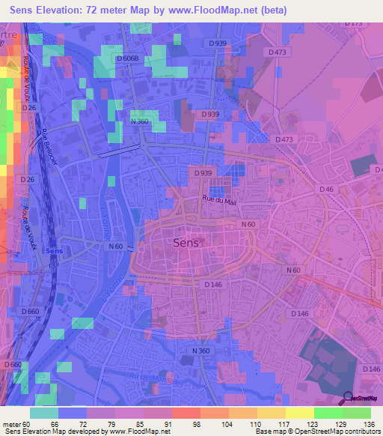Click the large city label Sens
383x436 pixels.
(x=186, y=242)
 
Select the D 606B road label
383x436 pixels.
(x=129, y=57)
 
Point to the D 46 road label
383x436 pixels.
(x=326, y=190)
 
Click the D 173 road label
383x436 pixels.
(x=354, y=24)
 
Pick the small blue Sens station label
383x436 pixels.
(x=54, y=251)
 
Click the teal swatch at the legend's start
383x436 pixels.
(x=44, y=413)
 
